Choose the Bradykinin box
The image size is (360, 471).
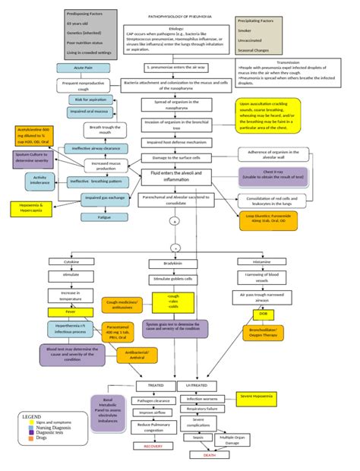point(173,263)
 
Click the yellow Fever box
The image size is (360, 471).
point(70,312)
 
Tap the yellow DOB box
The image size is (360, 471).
point(263,313)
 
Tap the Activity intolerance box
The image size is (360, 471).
point(40,181)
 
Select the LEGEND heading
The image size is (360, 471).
point(33,417)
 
